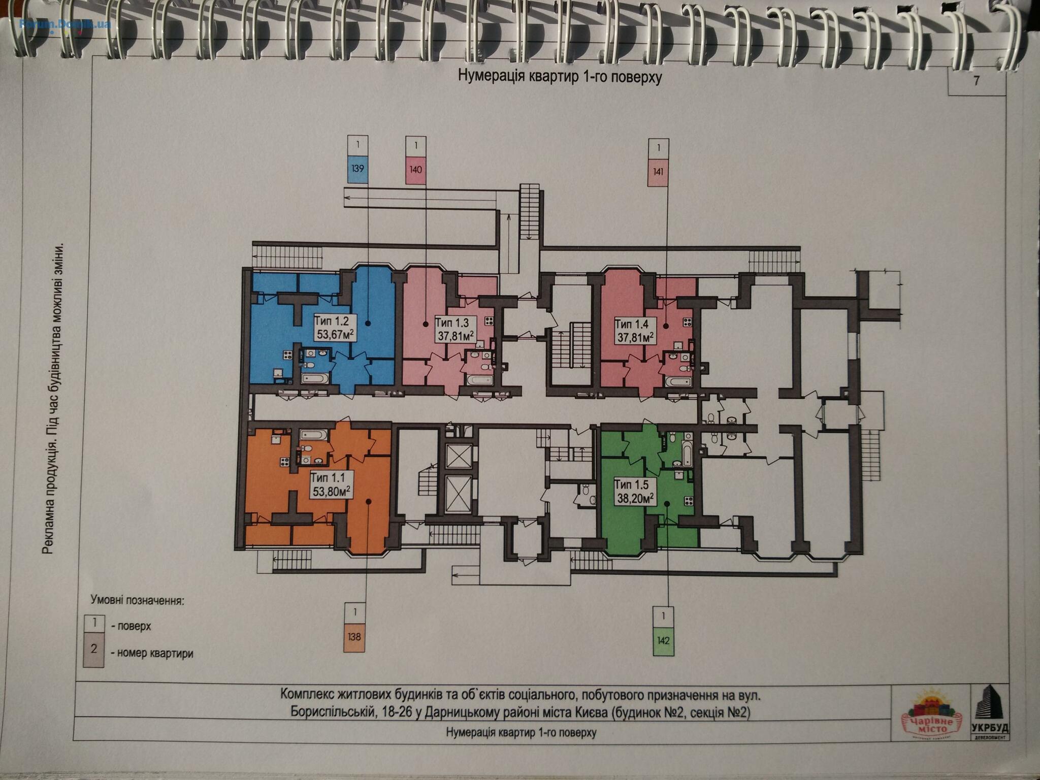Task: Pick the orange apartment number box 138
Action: (x=354, y=637)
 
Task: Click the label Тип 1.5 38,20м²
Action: (x=635, y=492)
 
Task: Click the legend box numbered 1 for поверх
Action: (x=94, y=624)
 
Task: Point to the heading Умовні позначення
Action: (x=137, y=601)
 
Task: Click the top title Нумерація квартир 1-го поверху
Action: (x=560, y=77)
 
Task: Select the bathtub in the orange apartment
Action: (x=313, y=435)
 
